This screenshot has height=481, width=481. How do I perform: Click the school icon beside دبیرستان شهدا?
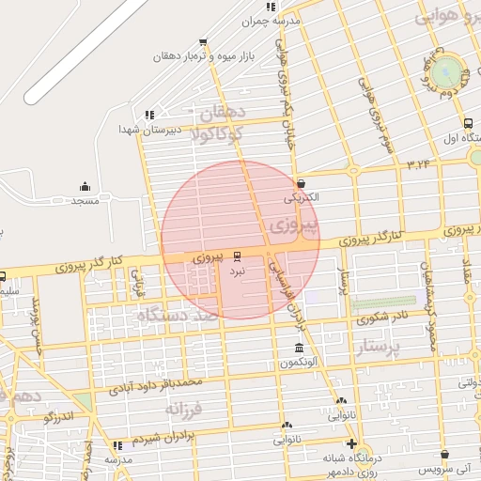pos(148,115)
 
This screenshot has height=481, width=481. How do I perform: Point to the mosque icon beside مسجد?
pos(85,186)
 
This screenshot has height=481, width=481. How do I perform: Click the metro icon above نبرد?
pos(236,254)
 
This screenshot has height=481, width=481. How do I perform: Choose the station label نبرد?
pos(237,270)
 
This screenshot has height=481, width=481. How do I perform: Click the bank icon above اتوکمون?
pos(300,349)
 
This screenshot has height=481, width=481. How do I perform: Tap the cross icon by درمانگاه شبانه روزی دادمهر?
pos(351,443)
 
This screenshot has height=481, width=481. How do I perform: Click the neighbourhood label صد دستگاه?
pos(178,317)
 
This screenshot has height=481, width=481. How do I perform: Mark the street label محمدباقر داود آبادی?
pos(157,384)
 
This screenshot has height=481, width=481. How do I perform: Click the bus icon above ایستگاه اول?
pos(468,123)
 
